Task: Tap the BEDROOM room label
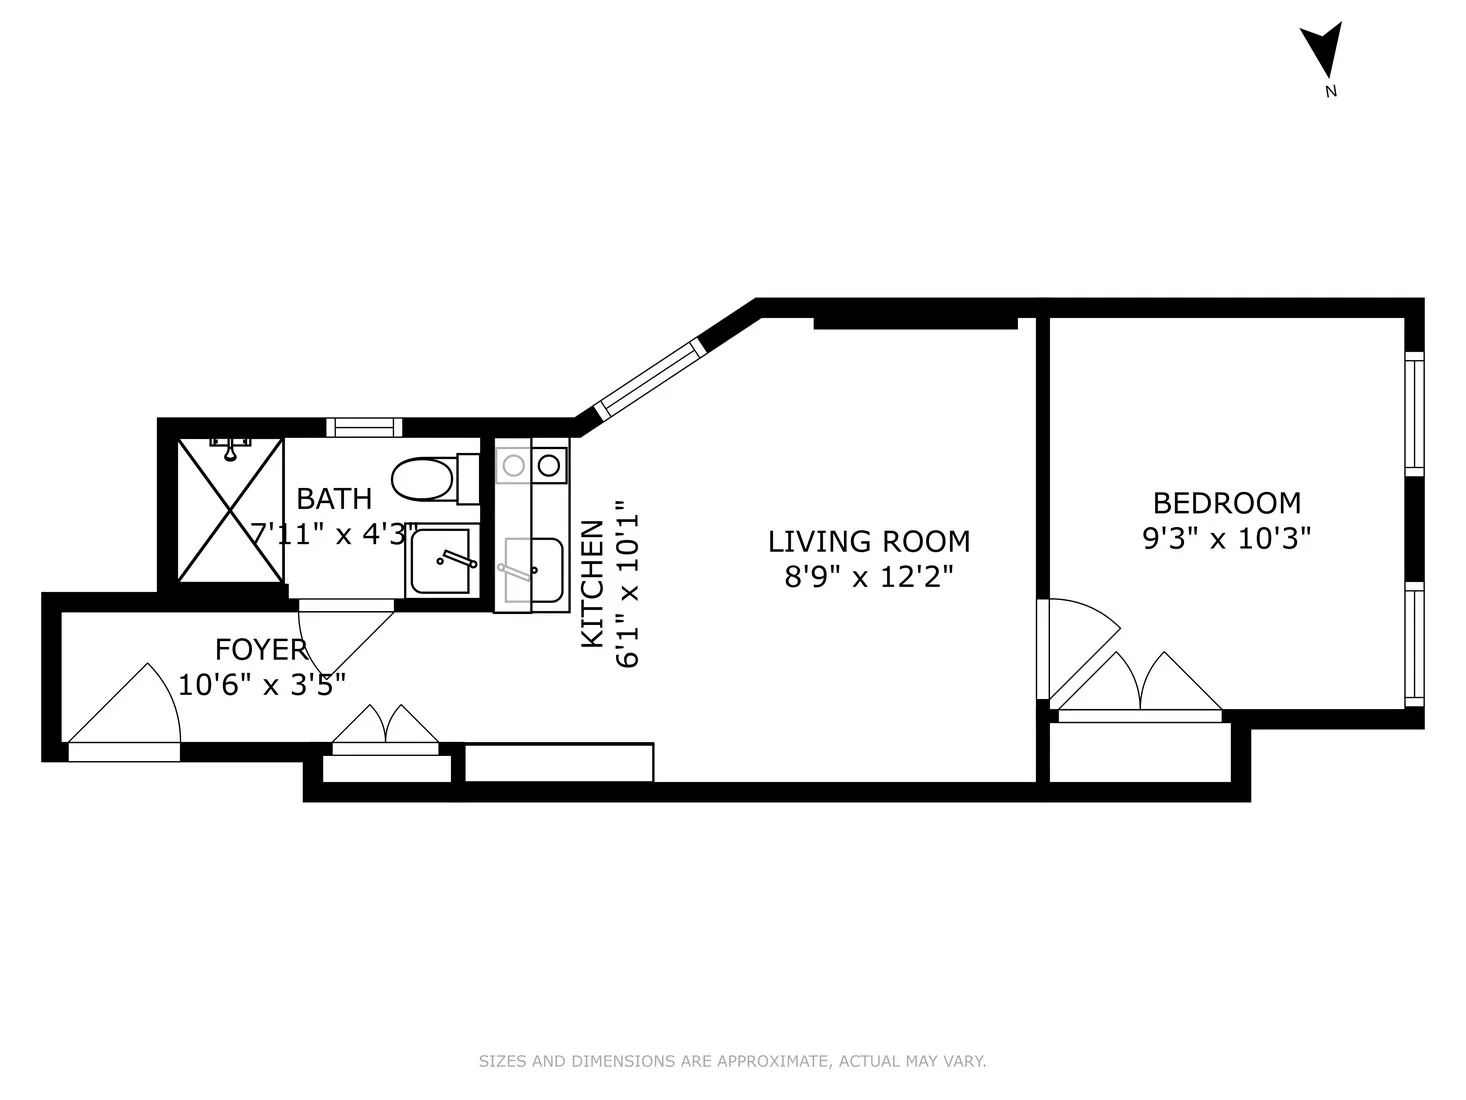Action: coord(1226,502)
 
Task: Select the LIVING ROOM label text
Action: coord(868,541)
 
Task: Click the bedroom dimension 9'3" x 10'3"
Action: coord(1226,539)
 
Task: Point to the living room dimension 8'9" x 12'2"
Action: coord(868,577)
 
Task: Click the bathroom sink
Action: coord(441,561)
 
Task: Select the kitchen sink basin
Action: coord(533,570)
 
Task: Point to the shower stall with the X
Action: coord(230,510)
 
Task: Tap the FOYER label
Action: coord(261,650)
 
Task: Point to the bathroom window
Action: coord(364,428)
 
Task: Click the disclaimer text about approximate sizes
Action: coord(732,1061)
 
